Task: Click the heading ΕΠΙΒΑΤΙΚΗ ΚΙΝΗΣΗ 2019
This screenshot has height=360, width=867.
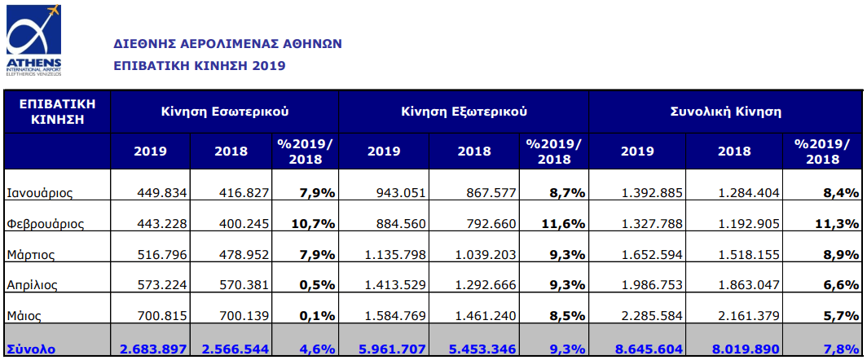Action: (199, 65)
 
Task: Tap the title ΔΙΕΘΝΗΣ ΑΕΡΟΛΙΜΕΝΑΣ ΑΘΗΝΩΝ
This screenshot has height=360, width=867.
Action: (227, 43)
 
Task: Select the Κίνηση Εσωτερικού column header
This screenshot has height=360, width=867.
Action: (225, 111)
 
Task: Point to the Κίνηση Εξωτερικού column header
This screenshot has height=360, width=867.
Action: (464, 111)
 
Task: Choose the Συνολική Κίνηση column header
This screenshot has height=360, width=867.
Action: (725, 111)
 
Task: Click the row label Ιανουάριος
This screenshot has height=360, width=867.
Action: (40, 193)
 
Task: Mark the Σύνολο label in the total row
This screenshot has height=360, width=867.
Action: (30, 348)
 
